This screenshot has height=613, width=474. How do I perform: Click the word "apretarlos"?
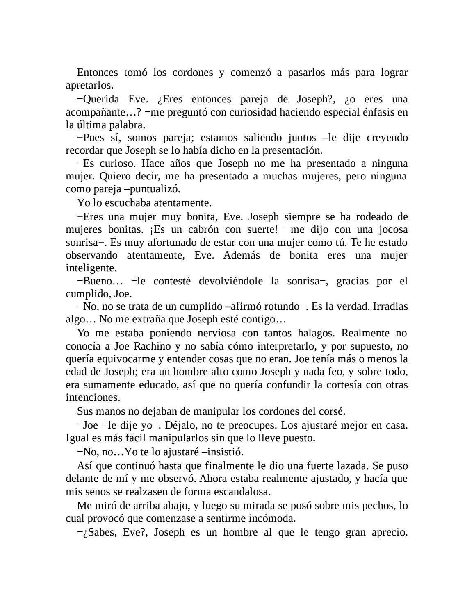[88, 86]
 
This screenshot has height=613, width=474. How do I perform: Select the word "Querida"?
[101, 99]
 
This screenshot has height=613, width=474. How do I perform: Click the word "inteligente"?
[91, 268]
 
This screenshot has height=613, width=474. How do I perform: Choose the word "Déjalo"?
[180, 425]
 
